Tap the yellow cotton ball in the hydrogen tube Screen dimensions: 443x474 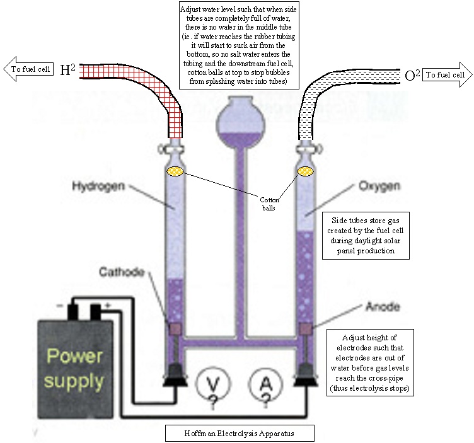175,171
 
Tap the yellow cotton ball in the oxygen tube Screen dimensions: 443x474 307,171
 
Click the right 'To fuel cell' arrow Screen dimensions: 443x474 446,74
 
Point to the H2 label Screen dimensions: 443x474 68,70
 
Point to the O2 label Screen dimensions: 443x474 412,76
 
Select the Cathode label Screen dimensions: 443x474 122,272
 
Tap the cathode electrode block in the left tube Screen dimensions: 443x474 175,329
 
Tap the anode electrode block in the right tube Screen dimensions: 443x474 307,329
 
